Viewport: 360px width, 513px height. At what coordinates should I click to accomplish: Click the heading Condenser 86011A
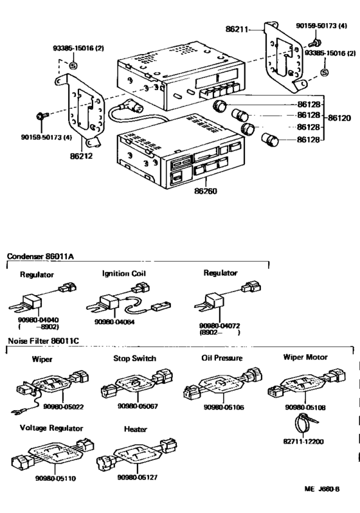pyautogui.click(x=40, y=256)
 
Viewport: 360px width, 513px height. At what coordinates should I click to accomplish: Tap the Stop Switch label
pyautogui.click(x=134, y=358)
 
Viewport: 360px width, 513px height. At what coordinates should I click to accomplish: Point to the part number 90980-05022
pyautogui.click(x=63, y=407)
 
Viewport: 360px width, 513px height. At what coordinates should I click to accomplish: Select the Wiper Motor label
pyautogui.click(x=305, y=357)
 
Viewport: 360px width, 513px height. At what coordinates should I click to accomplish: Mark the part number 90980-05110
pyautogui.click(x=58, y=478)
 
